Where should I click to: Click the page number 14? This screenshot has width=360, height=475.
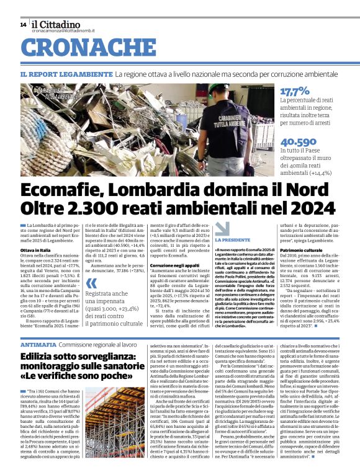22,24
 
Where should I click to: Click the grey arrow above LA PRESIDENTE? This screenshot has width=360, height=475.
222,228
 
